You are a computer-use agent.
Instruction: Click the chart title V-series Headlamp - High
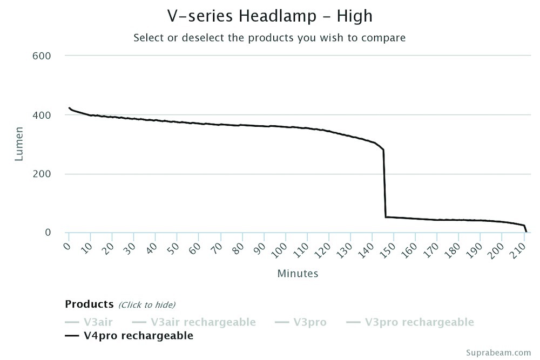pyautogui.click(x=269, y=16)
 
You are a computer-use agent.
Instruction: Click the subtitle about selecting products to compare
pyautogui.click(x=269, y=38)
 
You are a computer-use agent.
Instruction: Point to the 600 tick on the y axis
pyautogui.click(x=42, y=56)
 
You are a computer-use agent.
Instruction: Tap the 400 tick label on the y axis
pyautogui.click(x=42, y=115)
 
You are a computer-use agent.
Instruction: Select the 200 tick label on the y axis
pyautogui.click(x=42, y=174)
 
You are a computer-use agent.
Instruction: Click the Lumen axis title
pyautogui.click(x=19, y=144)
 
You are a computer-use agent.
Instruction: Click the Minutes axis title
pyautogui.click(x=298, y=274)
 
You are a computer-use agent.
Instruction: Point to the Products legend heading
pyautogui.click(x=89, y=304)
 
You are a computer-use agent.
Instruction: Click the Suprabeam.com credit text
pyautogui.click(x=500, y=352)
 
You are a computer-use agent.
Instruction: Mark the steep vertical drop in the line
pyautogui.click(x=384, y=184)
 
